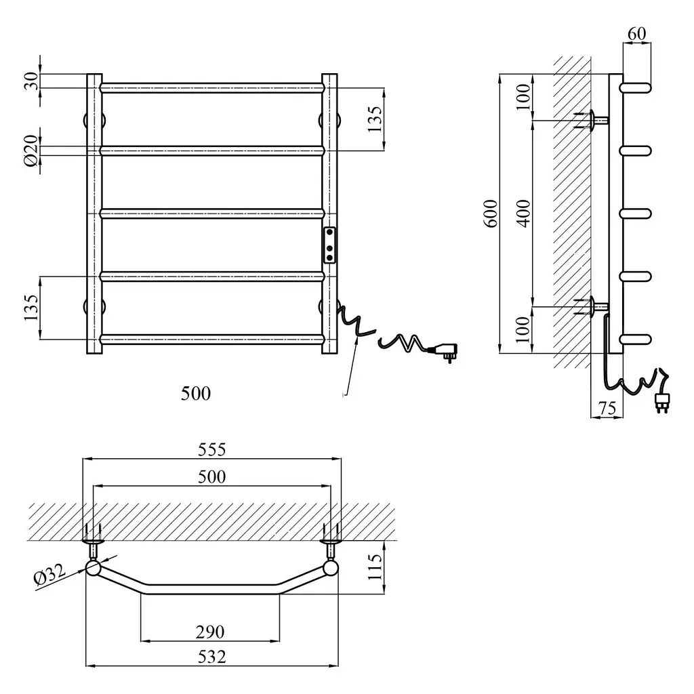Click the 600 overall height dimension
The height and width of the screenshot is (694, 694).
pos(491,213)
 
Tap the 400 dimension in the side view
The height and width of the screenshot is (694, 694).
pos(523,213)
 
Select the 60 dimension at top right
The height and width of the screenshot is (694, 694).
pos(637,34)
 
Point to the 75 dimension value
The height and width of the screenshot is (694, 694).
pos(607,407)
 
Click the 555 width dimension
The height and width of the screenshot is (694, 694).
pos(212,449)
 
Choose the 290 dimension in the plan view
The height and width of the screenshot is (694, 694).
pos(210,632)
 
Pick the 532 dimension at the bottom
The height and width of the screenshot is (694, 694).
pos(212,656)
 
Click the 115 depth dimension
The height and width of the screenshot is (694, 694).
pos(374,567)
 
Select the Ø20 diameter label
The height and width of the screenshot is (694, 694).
pos(31,151)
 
